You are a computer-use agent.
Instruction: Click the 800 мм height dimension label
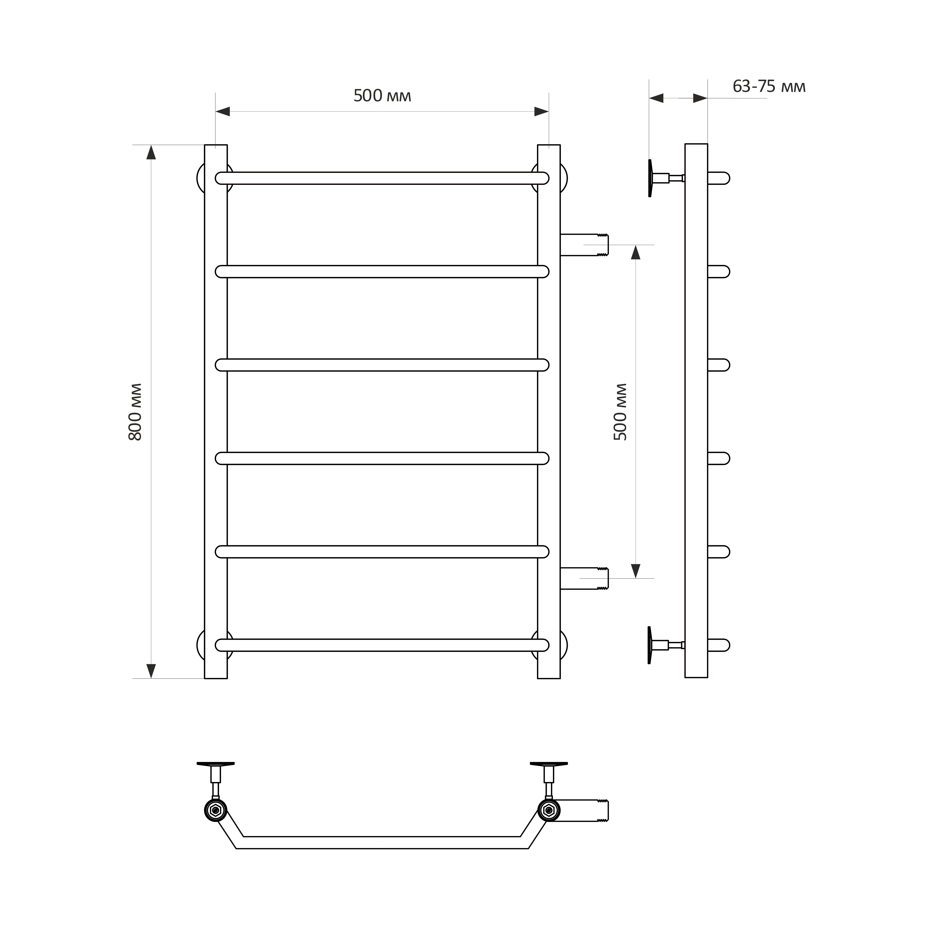pos(136,412)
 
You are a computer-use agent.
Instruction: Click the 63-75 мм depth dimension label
pos(769,86)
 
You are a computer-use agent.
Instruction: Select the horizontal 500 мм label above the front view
pos(382,96)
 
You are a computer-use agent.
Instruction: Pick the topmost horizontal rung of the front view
pos(382,178)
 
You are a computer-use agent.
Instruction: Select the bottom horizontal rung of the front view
pos(382,645)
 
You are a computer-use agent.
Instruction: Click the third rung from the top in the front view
pos(382,365)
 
